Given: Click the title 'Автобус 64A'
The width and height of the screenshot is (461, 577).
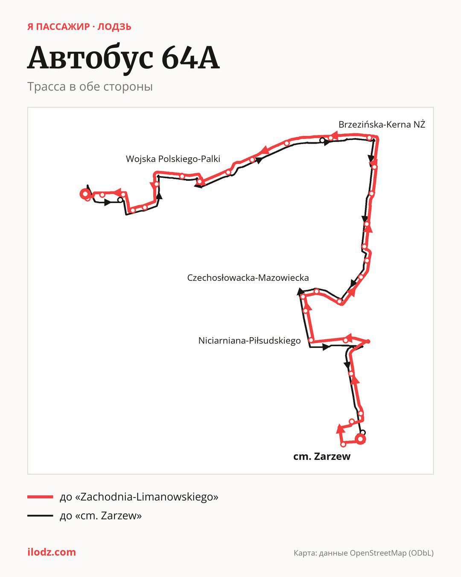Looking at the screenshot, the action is click(123, 59).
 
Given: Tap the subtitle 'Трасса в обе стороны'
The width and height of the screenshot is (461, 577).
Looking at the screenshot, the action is click(90, 87).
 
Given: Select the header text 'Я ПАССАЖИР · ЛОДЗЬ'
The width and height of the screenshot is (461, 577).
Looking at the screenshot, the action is click(79, 27).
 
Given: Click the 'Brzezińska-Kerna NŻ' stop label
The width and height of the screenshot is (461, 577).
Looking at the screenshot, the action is click(382, 125).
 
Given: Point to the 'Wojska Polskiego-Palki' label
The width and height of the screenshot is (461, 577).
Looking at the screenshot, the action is click(173, 159).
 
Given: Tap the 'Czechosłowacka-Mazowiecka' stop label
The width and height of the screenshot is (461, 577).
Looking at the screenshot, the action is click(248, 278).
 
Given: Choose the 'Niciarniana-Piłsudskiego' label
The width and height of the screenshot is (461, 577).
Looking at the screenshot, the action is click(249, 341).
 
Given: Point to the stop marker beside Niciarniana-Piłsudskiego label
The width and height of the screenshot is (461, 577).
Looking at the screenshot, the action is click(311, 340).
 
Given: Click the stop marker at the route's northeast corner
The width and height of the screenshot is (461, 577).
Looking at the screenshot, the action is click(369, 138).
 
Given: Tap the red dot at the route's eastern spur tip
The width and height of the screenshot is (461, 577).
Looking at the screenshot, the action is click(368, 341).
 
